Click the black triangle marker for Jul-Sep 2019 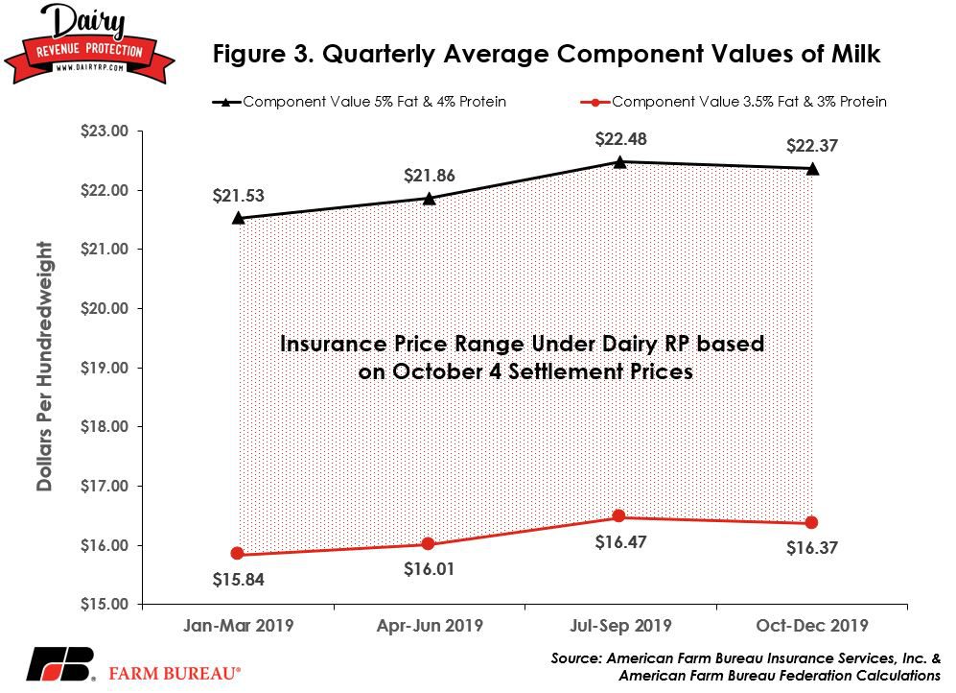pos(619,161)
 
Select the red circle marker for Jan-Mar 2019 pos(238,553)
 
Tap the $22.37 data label pos(811,146)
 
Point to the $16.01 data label pos(429,569)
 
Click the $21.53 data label pos(238,196)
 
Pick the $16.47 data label pos(620,541)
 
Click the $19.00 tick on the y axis pos(105,368)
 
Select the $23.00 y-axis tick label pos(105,131)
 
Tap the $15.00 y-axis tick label pos(105,604)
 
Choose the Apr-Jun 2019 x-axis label pos(430,625)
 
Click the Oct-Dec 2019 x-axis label pos(811,625)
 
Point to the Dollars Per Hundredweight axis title pos(44,366)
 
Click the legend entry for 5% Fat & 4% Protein pos(360,102)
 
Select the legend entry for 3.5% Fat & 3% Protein pos(734,102)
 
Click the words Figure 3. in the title pos(264,55)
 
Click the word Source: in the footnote pos(575,658)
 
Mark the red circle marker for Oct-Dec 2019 pos(811,522)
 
